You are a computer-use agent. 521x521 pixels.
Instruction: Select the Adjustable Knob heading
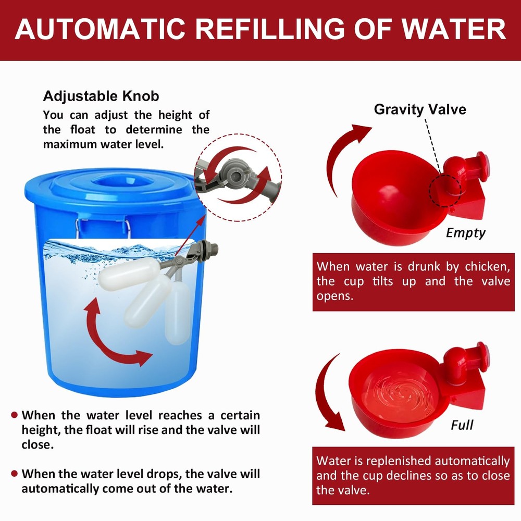coord(101,96)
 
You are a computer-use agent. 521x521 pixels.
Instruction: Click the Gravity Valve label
coord(420,109)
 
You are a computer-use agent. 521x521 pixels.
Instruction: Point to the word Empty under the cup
coord(465,233)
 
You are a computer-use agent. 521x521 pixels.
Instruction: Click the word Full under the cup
coord(462,425)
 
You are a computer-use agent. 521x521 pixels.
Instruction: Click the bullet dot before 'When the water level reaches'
coord(15,415)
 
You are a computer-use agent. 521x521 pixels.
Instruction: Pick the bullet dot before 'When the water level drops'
coord(15,474)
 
